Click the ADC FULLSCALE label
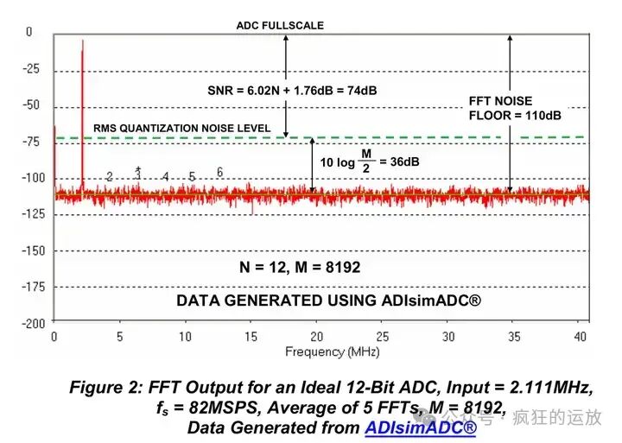pyautogui.click(x=280, y=25)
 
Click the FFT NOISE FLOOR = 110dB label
pyautogui.click(x=503, y=107)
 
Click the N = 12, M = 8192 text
pyautogui.click(x=300, y=268)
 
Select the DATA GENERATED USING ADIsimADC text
pyautogui.click(x=328, y=301)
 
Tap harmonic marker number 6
pyautogui.click(x=219, y=172)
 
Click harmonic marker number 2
pyautogui.click(x=110, y=176)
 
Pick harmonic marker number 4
pyautogui.click(x=165, y=176)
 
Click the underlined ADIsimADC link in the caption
pyautogui.click(x=420, y=427)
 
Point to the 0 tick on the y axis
pyautogui.click(x=29, y=32)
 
